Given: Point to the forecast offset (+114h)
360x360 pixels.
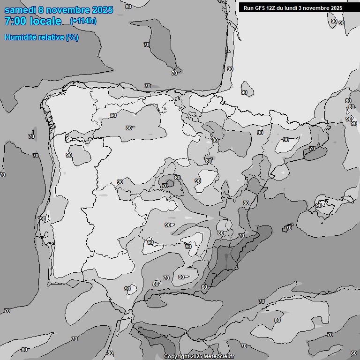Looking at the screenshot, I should [83, 21].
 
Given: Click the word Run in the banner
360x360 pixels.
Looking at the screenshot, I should [248, 8].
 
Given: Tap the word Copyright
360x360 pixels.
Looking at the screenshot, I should [177, 357].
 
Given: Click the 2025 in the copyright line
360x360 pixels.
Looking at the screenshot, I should [197, 357].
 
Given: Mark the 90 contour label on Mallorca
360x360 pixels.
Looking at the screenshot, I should [319, 205].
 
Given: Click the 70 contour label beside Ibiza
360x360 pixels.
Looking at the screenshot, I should [289, 228].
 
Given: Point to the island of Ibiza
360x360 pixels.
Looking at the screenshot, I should [285, 229].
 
